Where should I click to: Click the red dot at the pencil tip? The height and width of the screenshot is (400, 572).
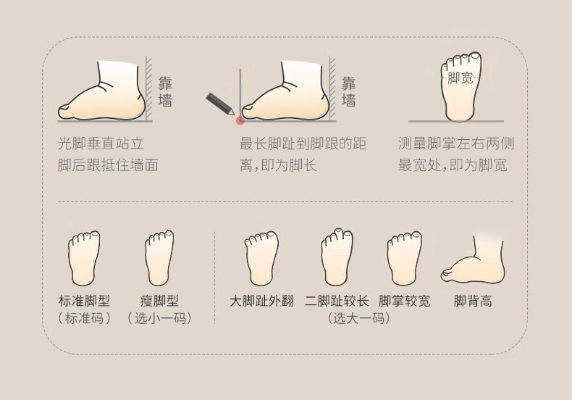pyautogui.click(x=240, y=120)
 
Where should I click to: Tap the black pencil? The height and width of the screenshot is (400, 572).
pyautogui.click(x=220, y=104)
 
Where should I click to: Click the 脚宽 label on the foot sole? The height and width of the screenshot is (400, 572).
pyautogui.click(x=460, y=78)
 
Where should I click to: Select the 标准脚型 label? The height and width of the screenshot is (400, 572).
pyautogui.click(x=84, y=301)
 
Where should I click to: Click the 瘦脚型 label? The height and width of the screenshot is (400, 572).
pyautogui.click(x=159, y=301)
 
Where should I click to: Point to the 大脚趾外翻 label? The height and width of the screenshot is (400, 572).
pyautogui.click(x=262, y=301)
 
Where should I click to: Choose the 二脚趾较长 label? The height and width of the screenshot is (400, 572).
pyautogui.click(x=337, y=301)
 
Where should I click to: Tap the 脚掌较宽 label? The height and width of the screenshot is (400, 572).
pyautogui.click(x=405, y=301)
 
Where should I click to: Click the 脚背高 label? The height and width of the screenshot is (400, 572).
pyautogui.click(x=473, y=301)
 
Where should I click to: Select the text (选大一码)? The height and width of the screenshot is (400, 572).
pyautogui.click(x=359, y=318)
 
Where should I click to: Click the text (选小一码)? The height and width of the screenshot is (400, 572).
pyautogui.click(x=159, y=318)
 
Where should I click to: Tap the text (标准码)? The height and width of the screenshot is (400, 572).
pyautogui.click(x=84, y=318)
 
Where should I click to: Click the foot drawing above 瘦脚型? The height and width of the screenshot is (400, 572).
pyautogui.click(x=159, y=258)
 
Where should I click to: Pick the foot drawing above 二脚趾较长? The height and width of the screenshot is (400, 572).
pyautogui.click(x=337, y=257)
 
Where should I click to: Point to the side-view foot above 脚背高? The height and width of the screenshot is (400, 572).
pyautogui.click(x=473, y=261)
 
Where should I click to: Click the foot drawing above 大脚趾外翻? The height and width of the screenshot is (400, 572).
pyautogui.click(x=261, y=258)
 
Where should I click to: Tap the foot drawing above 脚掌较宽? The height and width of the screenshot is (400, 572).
pyautogui.click(x=405, y=258)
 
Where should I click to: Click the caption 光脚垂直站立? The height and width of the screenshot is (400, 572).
pyautogui.click(x=101, y=143)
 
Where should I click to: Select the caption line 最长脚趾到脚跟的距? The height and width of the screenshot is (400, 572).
pyautogui.click(x=303, y=143)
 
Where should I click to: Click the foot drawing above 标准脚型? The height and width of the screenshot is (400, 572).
pyautogui.click(x=84, y=258)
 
